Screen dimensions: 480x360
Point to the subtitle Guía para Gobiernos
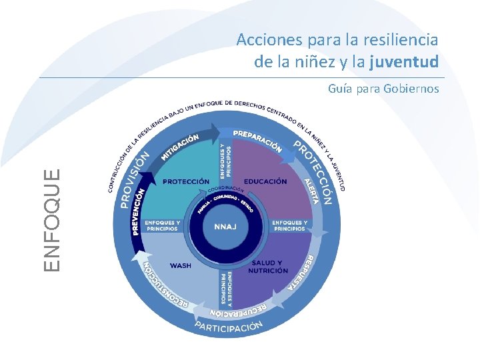383,88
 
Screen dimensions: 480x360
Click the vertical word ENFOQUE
55,219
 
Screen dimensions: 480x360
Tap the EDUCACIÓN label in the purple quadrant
265,181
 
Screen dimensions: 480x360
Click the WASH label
180,265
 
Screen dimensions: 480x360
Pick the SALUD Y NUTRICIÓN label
267,267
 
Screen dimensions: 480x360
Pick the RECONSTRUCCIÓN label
166,287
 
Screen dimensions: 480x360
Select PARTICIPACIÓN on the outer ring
229,326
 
